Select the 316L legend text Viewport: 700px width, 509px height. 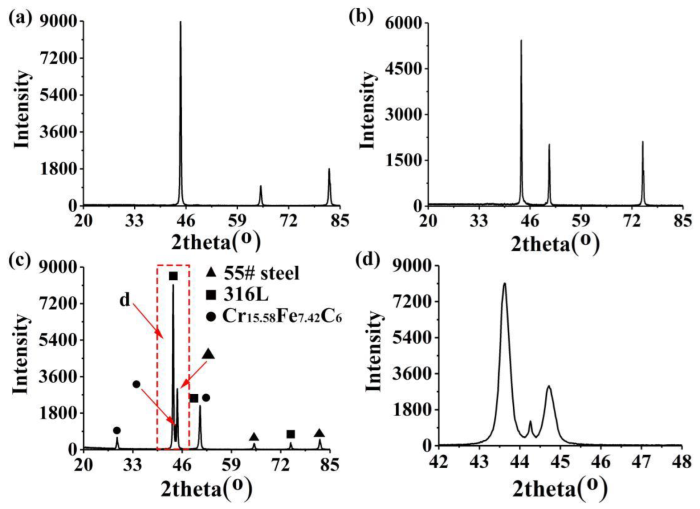point(246,295)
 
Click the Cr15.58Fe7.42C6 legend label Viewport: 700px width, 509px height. point(281,316)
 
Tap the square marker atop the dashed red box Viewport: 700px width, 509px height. point(173,276)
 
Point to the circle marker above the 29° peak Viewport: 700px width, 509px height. point(117,430)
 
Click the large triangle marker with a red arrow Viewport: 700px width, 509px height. point(208,354)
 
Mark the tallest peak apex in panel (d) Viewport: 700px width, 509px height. point(504,284)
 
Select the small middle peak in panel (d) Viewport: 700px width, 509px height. point(530,422)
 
